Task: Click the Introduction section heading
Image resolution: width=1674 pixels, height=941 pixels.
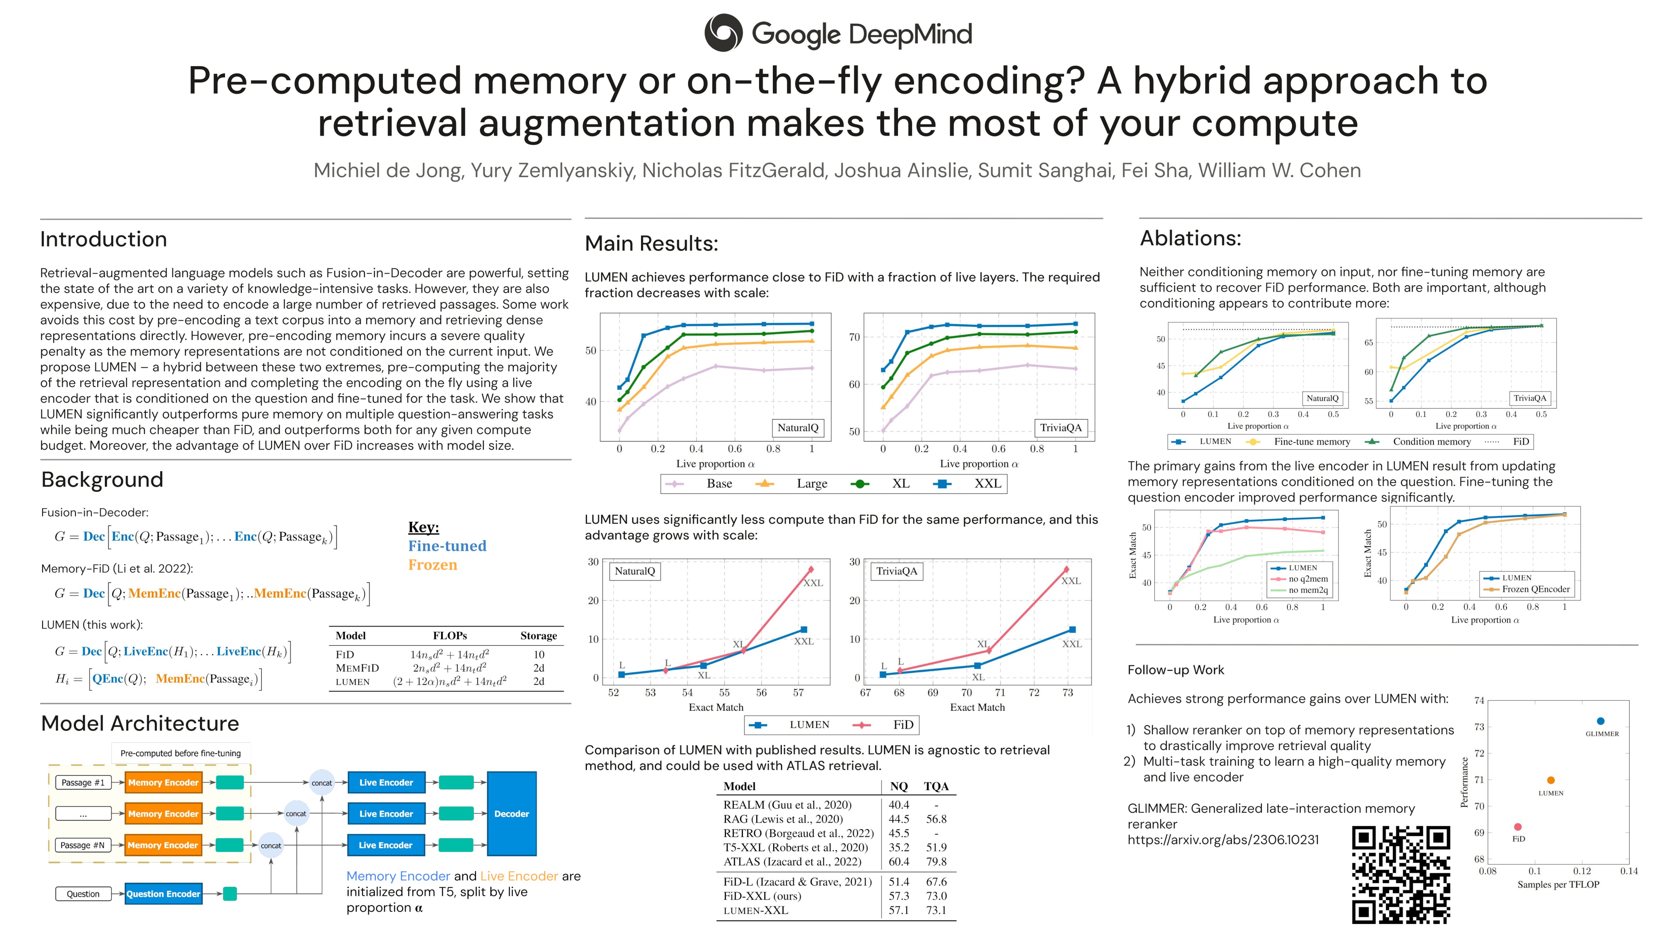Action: (x=103, y=239)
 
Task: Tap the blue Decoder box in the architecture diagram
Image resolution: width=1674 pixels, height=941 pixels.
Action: (x=511, y=814)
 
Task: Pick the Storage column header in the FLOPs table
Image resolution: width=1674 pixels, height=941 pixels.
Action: (x=538, y=636)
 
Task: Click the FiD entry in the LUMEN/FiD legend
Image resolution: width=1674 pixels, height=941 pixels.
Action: (x=903, y=725)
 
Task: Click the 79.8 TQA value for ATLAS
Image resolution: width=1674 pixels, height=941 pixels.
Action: (x=936, y=862)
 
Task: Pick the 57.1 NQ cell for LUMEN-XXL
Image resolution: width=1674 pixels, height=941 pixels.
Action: (x=899, y=911)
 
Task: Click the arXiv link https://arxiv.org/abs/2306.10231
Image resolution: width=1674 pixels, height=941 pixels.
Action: (x=1223, y=840)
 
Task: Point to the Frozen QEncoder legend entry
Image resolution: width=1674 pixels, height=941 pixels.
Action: (x=1535, y=590)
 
